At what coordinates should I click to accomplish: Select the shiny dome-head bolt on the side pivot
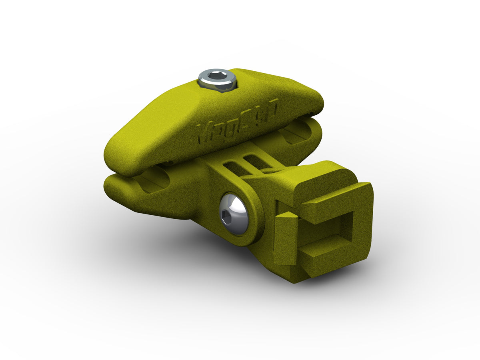tap(234, 214)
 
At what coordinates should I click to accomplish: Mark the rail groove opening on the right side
tap(296, 132)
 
